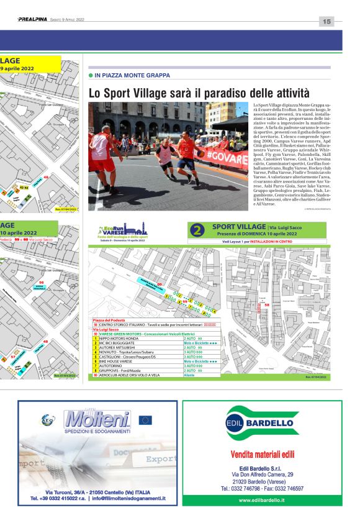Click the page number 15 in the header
(327, 21)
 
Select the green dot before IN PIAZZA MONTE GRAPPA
(91, 75)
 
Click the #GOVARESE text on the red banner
(227, 156)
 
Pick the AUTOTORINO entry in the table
(112, 366)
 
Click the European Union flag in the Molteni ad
(145, 420)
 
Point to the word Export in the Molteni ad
(158, 460)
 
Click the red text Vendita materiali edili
(262, 454)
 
